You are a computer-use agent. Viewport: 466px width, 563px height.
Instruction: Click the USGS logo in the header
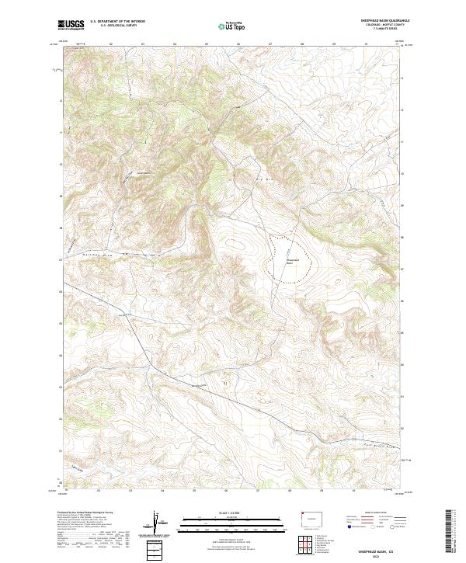pos(71,25)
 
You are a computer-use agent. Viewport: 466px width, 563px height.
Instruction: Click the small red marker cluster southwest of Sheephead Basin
pos(226,382)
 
